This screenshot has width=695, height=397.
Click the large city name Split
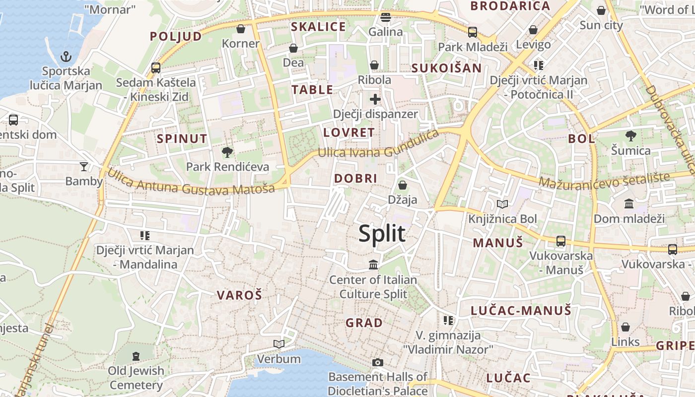(382, 233)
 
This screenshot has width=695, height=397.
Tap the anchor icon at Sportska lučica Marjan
(66, 57)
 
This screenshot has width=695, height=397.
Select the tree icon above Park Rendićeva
(227, 152)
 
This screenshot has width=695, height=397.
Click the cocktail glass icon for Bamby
(84, 166)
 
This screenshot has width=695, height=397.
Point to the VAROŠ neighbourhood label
(239, 295)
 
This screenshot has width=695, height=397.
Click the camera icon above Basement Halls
(377, 362)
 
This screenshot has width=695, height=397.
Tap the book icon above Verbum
(279, 344)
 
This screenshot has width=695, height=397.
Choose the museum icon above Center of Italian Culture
(373, 265)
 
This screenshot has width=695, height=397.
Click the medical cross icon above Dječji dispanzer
(375, 99)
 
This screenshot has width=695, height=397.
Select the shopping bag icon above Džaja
(402, 185)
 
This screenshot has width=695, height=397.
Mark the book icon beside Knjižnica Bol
(502, 204)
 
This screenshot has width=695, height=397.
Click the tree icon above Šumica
(630, 135)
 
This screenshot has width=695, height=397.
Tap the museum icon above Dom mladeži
(629, 203)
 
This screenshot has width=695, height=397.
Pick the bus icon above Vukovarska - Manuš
(561, 241)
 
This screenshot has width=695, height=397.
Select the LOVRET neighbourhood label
(348, 132)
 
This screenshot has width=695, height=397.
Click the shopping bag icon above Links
(625, 327)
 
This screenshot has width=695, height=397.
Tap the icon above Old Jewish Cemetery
(136, 356)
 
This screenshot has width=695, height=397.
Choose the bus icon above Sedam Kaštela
(156, 67)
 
